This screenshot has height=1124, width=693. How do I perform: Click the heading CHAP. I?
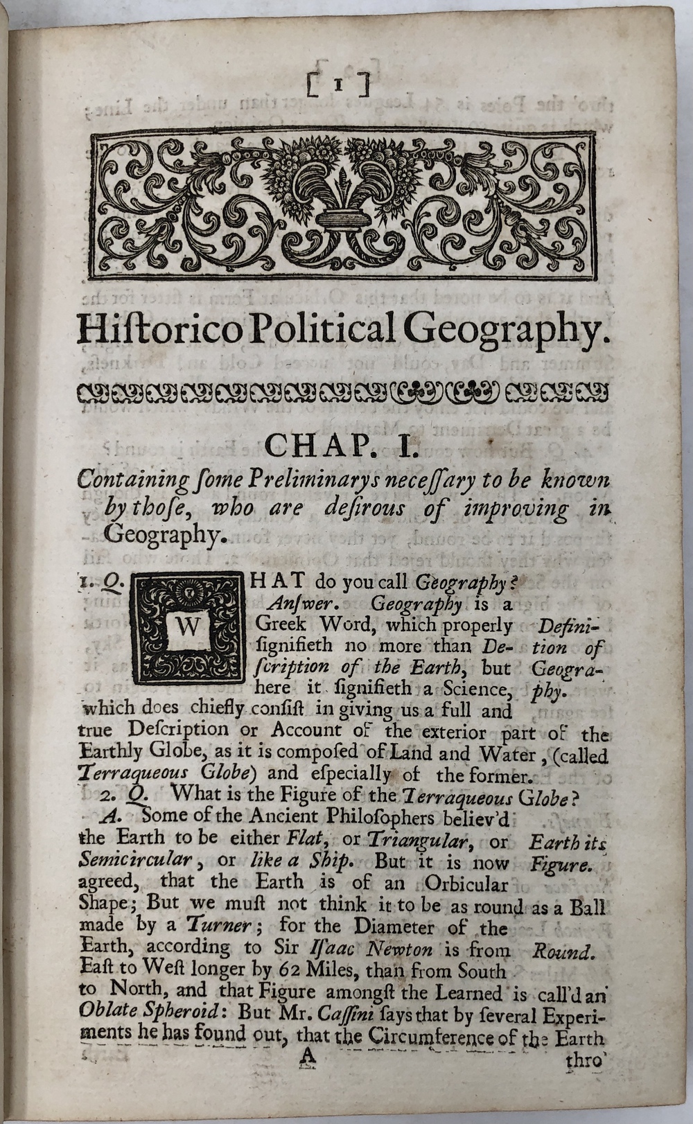(340, 445)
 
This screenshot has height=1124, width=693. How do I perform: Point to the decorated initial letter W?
(188, 628)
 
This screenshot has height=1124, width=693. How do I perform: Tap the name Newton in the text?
(401, 949)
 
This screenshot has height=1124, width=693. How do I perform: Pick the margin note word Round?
(563, 951)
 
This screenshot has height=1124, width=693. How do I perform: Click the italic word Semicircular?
(136, 859)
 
